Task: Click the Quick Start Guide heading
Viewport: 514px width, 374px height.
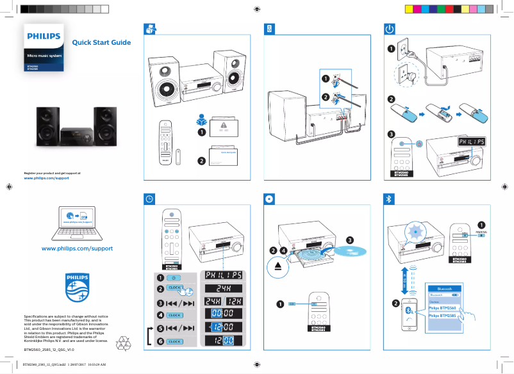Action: click(x=101, y=43)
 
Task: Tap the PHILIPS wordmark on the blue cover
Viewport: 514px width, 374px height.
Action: click(x=44, y=37)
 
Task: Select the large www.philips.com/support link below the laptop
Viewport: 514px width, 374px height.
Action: click(x=77, y=248)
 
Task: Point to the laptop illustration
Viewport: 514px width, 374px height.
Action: click(x=77, y=220)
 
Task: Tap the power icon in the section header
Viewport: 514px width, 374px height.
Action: click(x=390, y=29)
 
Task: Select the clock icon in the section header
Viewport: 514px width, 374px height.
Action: click(x=149, y=199)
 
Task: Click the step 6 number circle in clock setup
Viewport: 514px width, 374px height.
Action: click(x=160, y=342)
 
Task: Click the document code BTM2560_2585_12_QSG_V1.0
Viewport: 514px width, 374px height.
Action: click(x=49, y=350)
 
